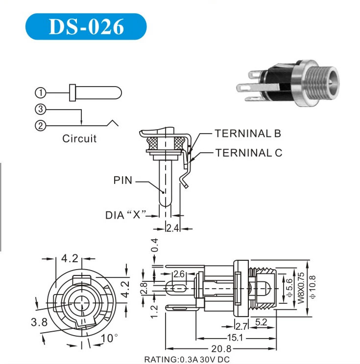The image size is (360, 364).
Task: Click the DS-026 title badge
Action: point(86,26)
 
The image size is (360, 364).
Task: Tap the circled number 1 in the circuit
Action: point(41,92)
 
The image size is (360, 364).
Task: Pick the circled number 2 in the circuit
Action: point(41,126)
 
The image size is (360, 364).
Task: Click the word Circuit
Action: point(79,138)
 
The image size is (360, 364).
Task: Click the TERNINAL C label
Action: point(249,153)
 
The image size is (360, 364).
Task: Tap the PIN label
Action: point(123,180)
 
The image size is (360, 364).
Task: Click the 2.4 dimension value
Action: point(173,228)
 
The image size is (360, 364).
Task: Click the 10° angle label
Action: point(109,338)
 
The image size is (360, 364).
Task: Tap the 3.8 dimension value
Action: point(39,322)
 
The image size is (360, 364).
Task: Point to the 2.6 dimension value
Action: point(179,274)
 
